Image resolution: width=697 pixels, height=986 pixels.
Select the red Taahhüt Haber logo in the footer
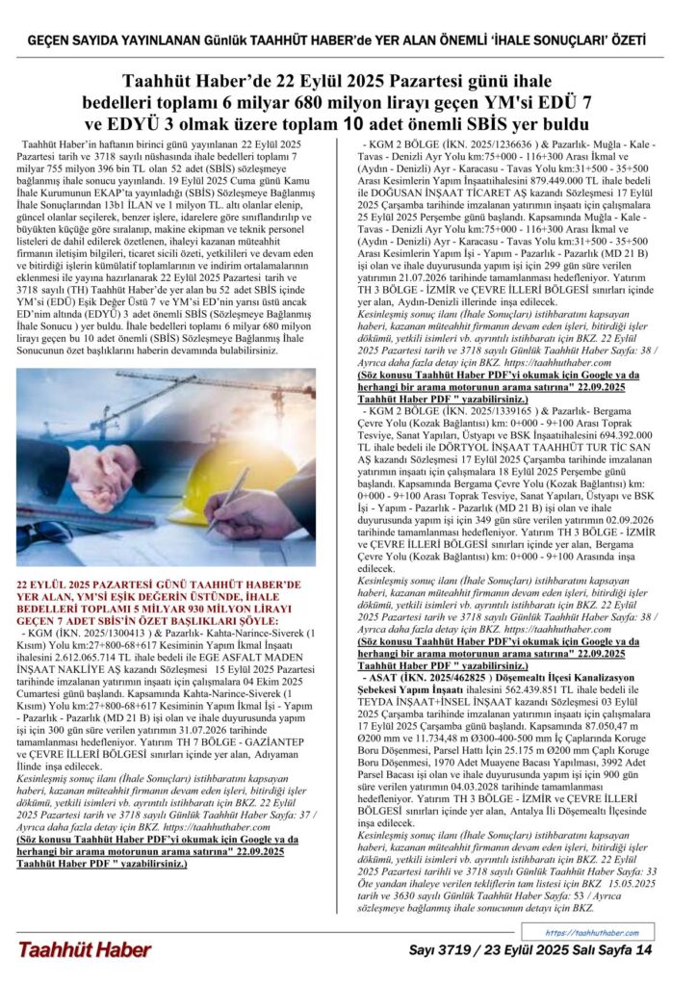tap(84, 950)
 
